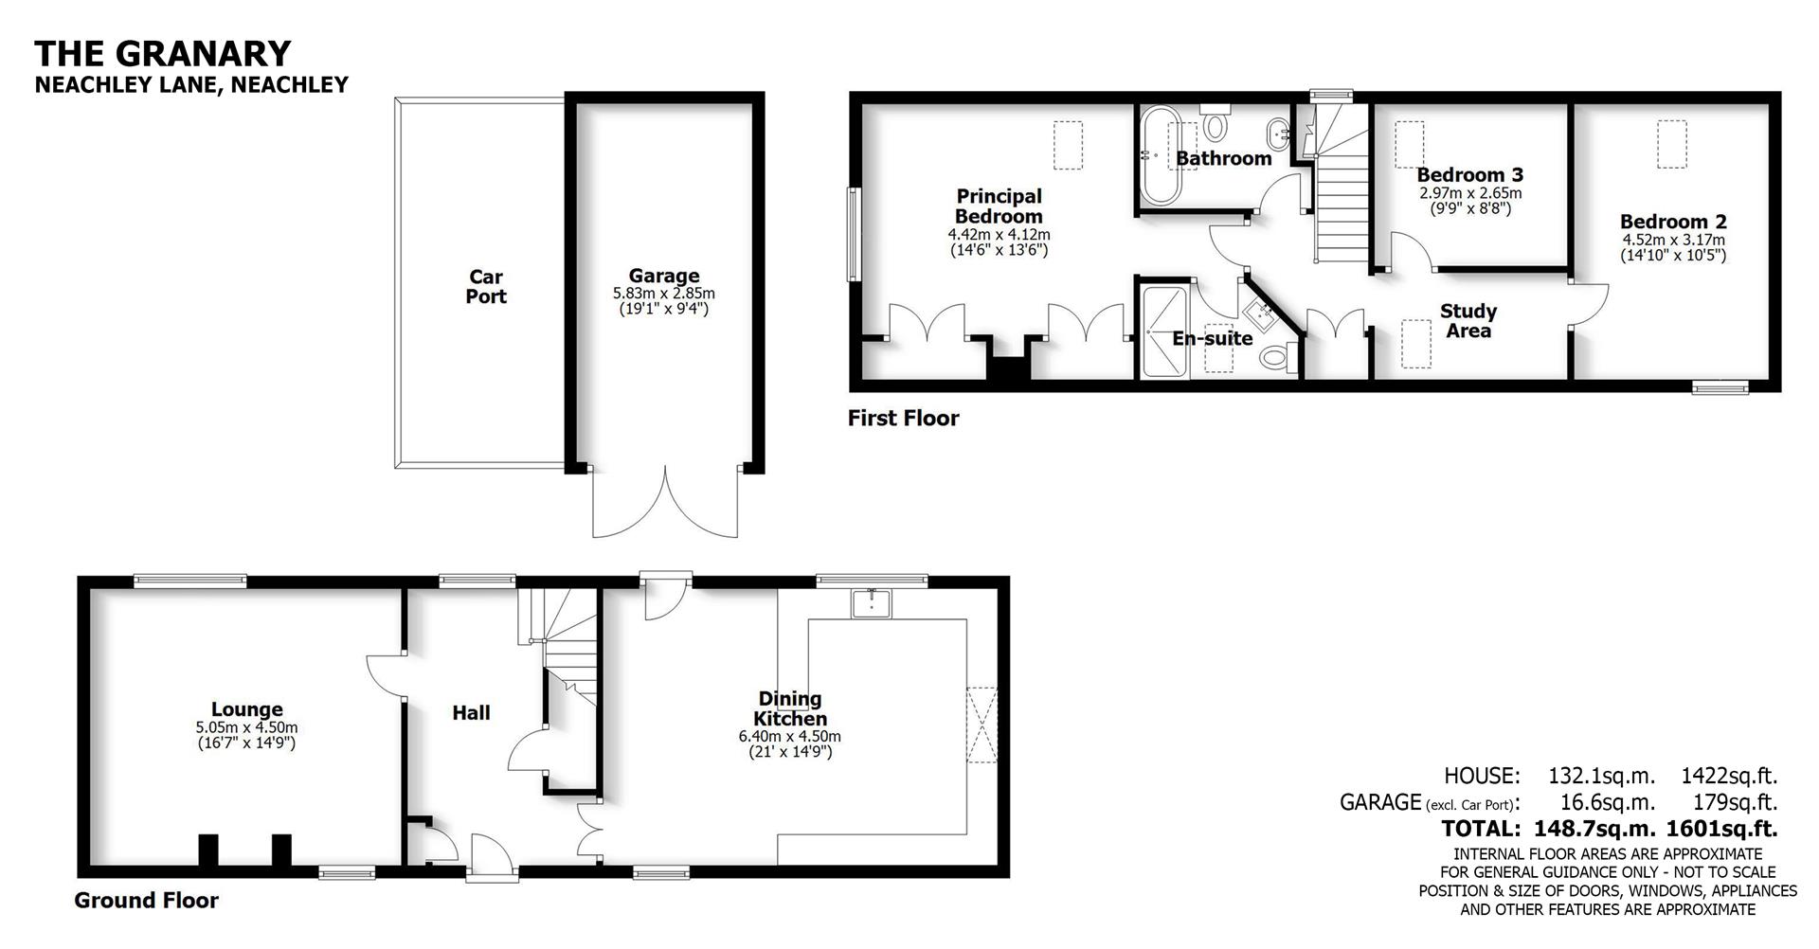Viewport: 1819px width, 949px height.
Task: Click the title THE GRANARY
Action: coord(163,53)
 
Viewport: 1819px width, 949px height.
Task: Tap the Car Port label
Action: coord(486,287)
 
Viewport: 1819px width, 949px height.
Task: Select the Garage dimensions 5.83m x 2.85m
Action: coord(663,295)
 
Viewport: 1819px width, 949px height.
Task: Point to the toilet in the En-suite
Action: coord(1276,358)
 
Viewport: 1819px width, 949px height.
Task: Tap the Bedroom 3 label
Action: coord(1469,175)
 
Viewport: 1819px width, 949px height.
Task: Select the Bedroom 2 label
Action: coord(1673,222)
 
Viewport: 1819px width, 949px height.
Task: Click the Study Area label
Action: coord(1468,321)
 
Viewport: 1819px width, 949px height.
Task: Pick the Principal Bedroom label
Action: coord(999,206)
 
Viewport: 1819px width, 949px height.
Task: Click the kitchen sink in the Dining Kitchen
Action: coord(871,602)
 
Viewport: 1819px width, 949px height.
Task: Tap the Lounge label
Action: coord(246,709)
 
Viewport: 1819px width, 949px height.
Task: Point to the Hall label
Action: coord(471,713)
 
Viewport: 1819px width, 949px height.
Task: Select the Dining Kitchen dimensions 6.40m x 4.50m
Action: coord(789,736)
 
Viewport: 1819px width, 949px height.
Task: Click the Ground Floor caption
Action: coord(146,901)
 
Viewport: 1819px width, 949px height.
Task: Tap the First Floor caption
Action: coord(903,419)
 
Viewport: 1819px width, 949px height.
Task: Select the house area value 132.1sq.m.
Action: coord(1601,776)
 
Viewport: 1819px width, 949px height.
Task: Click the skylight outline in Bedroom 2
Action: coord(1672,143)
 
